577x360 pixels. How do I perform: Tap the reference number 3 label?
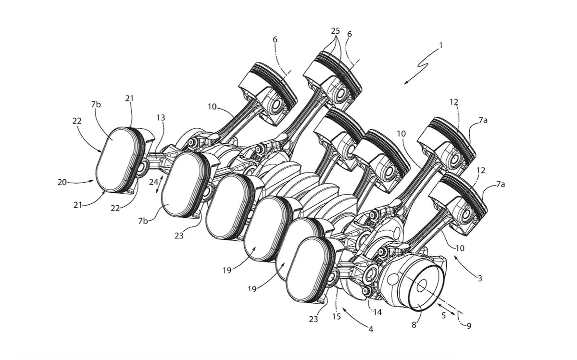coord(479,278)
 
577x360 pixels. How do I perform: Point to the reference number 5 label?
coord(444,315)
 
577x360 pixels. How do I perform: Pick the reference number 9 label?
coord(468,326)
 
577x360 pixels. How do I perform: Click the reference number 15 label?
coord(336,317)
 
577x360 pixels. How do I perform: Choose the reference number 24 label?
coord(153,182)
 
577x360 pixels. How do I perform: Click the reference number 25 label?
coord(335,31)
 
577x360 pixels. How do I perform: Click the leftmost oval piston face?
coord(115,160)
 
